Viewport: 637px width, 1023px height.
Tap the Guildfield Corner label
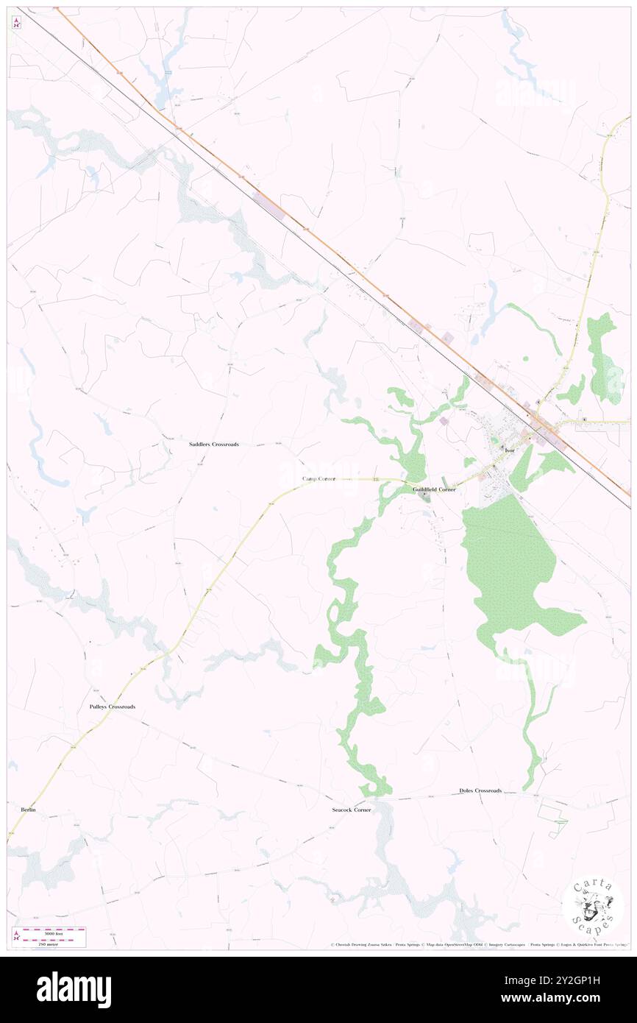click(434, 489)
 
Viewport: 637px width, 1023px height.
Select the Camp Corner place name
click(319, 478)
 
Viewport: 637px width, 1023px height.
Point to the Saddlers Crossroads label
click(213, 445)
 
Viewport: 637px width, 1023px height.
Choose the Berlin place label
click(29, 810)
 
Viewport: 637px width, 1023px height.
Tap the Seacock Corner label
click(352, 810)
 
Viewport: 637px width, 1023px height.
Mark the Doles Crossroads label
click(480, 790)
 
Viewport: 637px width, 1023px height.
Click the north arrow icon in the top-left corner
click(16, 23)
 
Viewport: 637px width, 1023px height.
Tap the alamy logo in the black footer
click(74, 990)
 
